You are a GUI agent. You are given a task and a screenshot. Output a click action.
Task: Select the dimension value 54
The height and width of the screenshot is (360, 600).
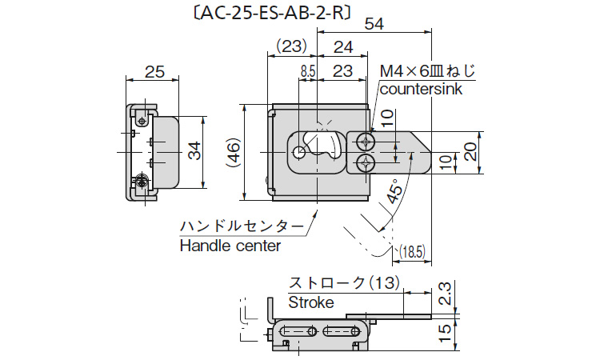(374, 25)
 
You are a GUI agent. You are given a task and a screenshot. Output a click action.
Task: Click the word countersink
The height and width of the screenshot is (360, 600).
(421, 88)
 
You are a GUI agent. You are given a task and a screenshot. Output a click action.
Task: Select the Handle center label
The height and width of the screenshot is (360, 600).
(230, 246)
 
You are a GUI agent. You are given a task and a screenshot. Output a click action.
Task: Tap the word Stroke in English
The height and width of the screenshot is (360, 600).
(310, 302)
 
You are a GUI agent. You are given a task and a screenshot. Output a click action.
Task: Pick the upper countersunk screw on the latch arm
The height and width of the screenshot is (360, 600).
(366, 142)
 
